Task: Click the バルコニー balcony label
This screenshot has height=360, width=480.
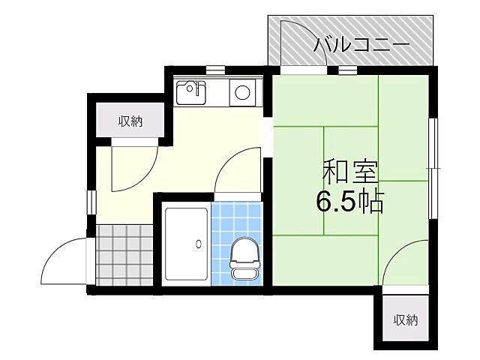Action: (x=361, y=45)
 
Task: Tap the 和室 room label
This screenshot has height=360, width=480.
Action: (x=350, y=172)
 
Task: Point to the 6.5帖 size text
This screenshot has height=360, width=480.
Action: (x=349, y=201)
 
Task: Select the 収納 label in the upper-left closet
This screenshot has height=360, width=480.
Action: (x=130, y=121)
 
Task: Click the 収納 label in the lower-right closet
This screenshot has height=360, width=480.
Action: (x=406, y=319)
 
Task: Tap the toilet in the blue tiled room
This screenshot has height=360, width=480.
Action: (x=242, y=258)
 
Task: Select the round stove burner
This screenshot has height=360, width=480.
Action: (x=242, y=93)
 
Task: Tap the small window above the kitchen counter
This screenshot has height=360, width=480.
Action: (x=216, y=70)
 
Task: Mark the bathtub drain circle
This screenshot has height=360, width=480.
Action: (x=199, y=242)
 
